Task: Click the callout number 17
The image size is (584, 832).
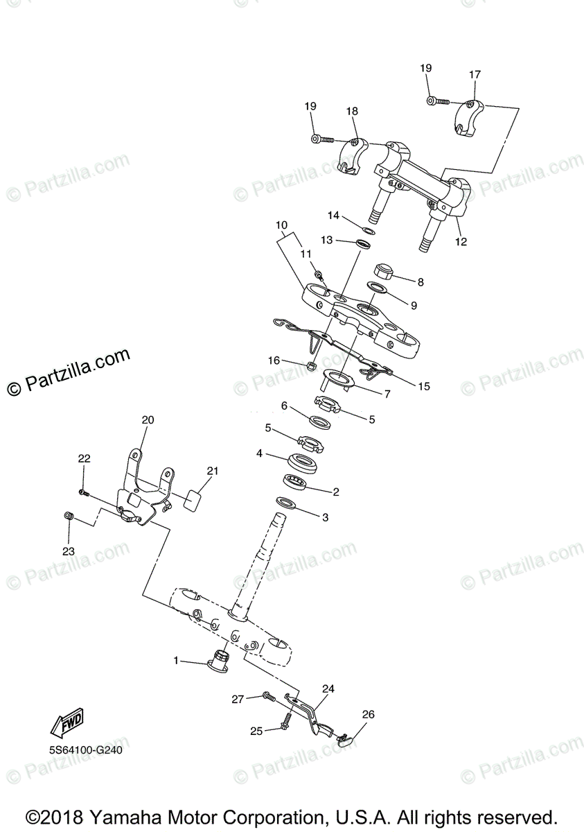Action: (x=475, y=75)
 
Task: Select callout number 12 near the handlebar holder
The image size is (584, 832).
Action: (x=461, y=242)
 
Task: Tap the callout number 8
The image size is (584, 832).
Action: (x=421, y=281)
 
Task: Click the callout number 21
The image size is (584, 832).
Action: (x=212, y=471)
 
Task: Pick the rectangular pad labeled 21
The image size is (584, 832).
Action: (x=193, y=499)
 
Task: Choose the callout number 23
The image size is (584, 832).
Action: (x=68, y=551)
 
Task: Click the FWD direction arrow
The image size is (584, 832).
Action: (x=67, y=723)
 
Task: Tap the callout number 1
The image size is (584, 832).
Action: (x=177, y=661)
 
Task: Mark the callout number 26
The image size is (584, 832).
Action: (x=368, y=714)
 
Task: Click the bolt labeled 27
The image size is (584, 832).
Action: (x=268, y=695)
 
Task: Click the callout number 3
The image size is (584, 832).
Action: (x=324, y=517)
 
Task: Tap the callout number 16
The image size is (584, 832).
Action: (x=275, y=360)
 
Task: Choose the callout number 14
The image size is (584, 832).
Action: (x=334, y=216)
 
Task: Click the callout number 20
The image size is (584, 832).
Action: (x=148, y=419)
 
